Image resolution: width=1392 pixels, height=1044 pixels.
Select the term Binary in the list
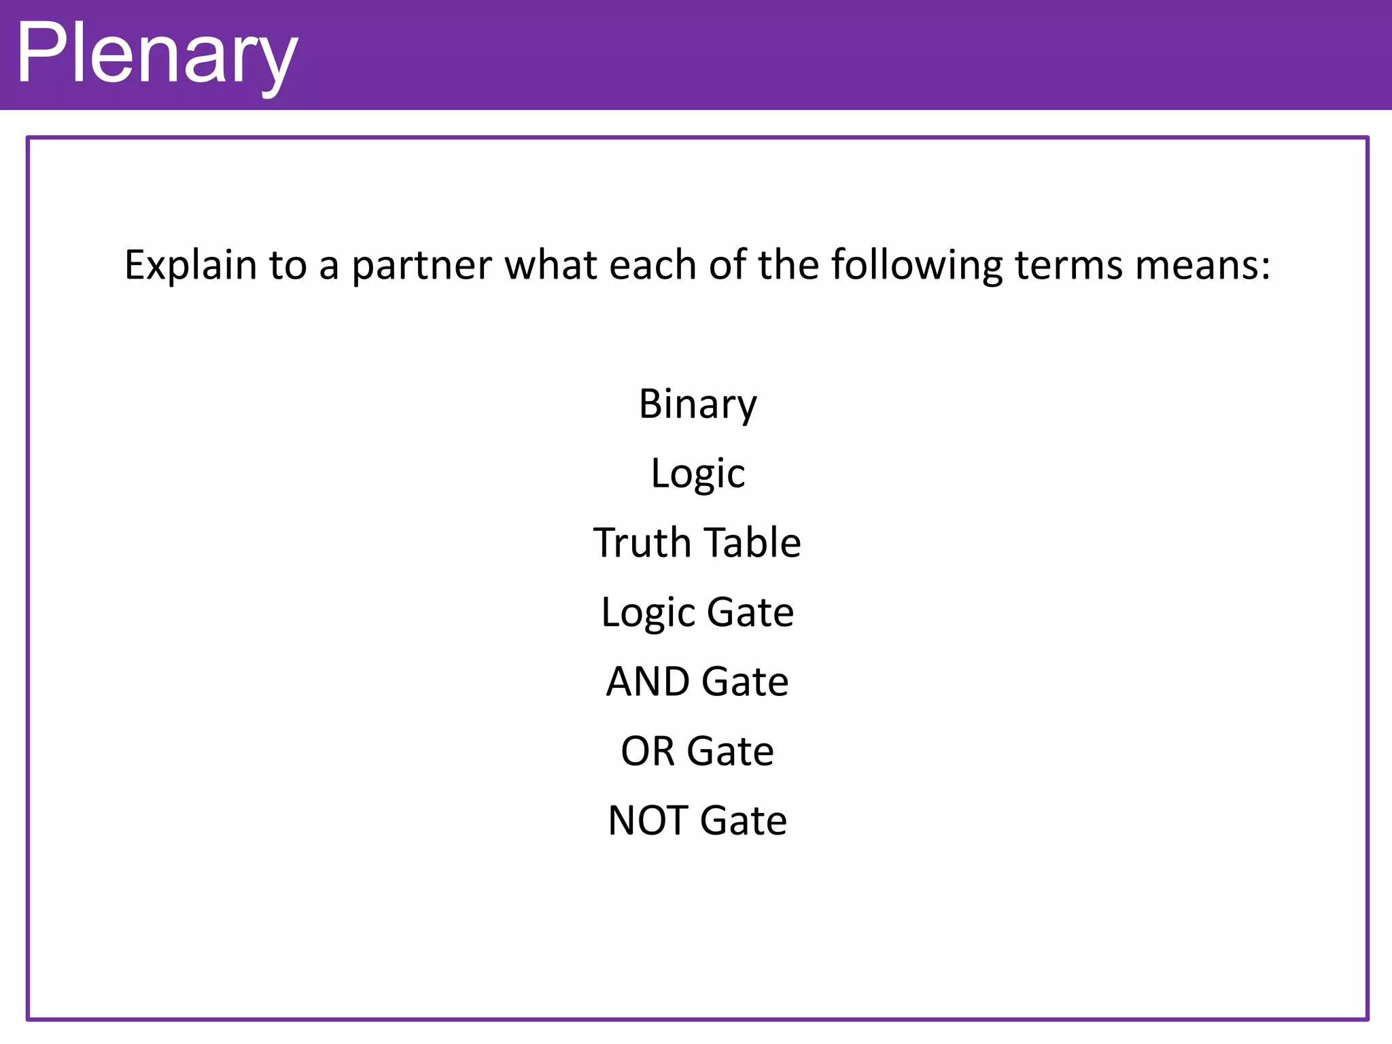point(697,404)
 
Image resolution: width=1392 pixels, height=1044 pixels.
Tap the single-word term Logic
point(697,474)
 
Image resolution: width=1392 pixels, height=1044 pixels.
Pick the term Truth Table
point(697,543)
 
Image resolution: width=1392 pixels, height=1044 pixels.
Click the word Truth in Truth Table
point(642,543)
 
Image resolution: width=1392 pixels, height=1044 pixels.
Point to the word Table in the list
point(752,543)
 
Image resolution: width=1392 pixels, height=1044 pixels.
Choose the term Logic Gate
point(697,613)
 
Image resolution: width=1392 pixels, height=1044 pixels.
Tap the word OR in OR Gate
point(647,752)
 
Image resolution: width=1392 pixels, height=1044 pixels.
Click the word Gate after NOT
point(743,821)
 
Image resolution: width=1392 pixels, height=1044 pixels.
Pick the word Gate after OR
point(730,752)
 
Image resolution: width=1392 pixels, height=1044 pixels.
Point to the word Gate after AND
point(744,682)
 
